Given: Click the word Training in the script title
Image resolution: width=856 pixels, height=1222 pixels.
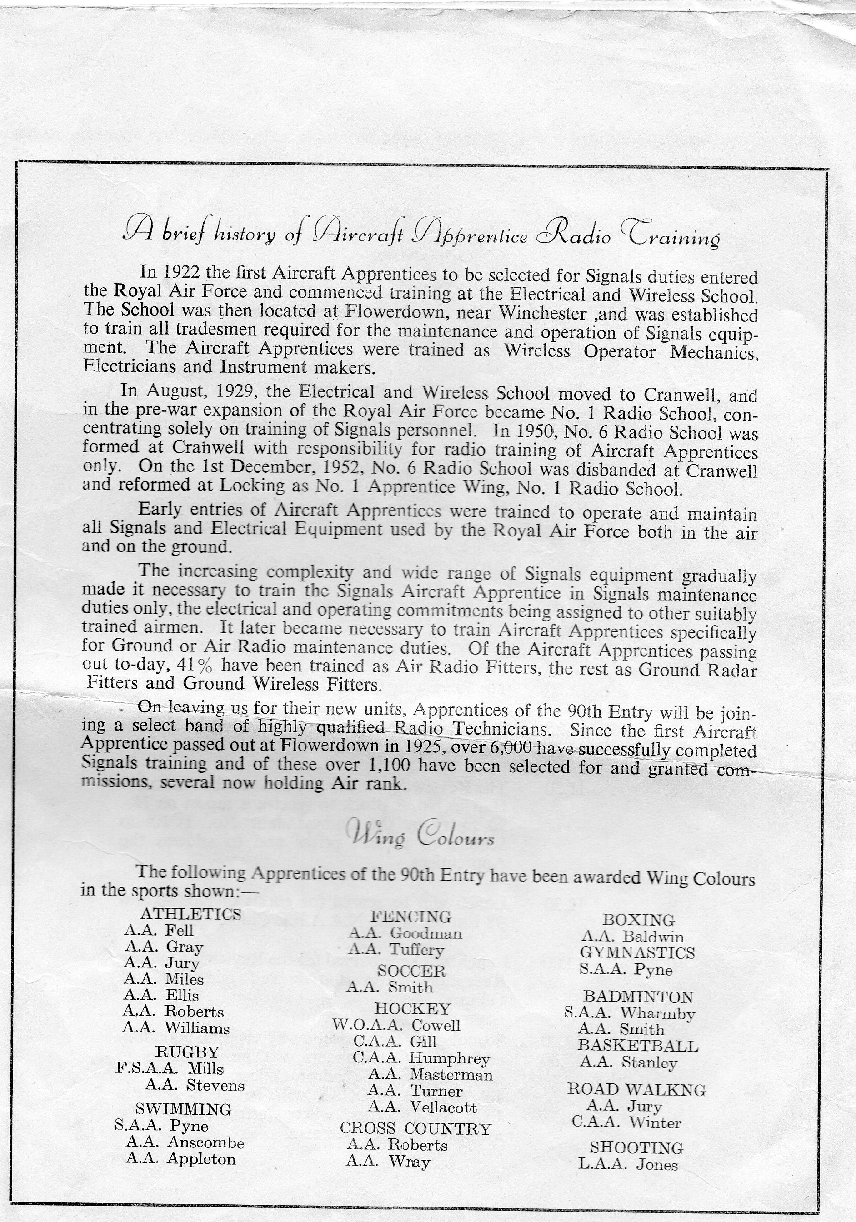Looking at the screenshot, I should (673, 235).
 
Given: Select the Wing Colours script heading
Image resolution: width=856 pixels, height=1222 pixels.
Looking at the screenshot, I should (420, 835).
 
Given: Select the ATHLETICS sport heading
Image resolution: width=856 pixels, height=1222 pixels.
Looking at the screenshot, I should (190, 914).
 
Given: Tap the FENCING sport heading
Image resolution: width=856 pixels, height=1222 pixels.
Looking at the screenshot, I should (410, 916).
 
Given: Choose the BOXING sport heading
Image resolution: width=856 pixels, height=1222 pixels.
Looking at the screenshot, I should (638, 920).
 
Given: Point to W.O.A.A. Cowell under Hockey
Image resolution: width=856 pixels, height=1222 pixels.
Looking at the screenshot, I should (396, 1025).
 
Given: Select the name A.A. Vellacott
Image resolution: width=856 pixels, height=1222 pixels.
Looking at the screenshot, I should (422, 1107).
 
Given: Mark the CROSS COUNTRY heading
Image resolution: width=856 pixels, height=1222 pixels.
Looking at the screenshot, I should (415, 1128).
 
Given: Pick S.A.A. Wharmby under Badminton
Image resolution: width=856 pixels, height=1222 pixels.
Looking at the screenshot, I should (629, 1013).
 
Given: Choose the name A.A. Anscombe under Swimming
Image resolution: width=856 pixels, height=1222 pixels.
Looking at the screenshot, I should (185, 1142).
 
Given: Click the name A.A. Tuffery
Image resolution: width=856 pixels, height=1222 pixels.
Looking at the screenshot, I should (396, 950).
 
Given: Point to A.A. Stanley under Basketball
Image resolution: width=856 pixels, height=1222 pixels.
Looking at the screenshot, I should (628, 1062).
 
